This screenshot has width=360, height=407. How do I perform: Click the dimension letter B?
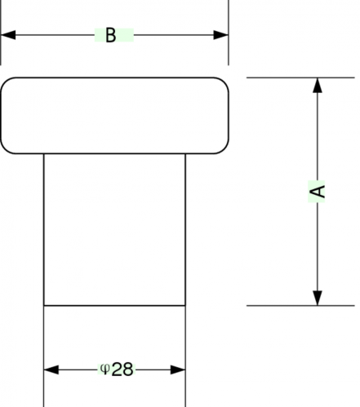pyautogui.click(x=110, y=35)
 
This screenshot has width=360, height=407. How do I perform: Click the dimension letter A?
pyautogui.click(x=318, y=191)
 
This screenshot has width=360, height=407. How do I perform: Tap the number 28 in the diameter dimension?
pyautogui.click(x=122, y=369)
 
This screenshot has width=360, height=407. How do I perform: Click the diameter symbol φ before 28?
pyautogui.click(x=105, y=369)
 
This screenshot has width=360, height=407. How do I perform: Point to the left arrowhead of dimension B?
pyautogui.click(x=8, y=35)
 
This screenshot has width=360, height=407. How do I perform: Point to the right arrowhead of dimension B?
pyautogui.click(x=220, y=35)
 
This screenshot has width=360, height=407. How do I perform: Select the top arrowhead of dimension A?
pyautogui.click(x=318, y=86)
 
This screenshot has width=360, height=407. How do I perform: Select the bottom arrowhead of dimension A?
pyautogui.click(x=318, y=298)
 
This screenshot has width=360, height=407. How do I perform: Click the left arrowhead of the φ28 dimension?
pyautogui.click(x=51, y=369)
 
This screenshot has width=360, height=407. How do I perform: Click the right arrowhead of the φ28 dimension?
pyautogui.click(x=178, y=369)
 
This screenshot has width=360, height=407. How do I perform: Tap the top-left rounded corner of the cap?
pyautogui.click(x=5, y=82)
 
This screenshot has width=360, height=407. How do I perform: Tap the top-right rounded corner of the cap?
pyautogui.click(x=224, y=82)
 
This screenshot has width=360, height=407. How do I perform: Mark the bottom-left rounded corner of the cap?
pyautogui.click(x=5, y=149)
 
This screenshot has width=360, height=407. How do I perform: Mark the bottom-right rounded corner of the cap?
pyautogui.click(x=224, y=149)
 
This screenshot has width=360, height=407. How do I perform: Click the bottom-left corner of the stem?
pyautogui.click(x=44, y=306)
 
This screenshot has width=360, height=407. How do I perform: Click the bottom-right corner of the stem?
pyautogui.click(x=185, y=306)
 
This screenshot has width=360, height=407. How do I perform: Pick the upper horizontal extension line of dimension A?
pyautogui.click(x=300, y=77)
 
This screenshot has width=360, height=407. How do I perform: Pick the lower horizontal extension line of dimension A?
pyautogui.click(x=300, y=306)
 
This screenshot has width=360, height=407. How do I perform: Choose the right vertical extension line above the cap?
pyautogui.click(x=229, y=33)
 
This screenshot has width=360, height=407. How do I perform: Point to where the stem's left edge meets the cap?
pyautogui.click(x=44, y=154)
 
